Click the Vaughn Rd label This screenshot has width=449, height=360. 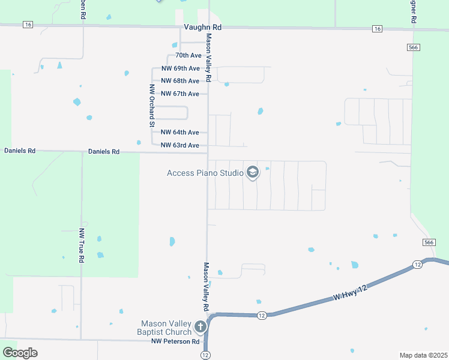[x=203, y=28]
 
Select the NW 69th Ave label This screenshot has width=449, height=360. [x=180, y=68]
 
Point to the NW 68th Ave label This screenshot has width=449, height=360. [x=180, y=81]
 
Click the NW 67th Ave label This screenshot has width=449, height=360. [x=180, y=94]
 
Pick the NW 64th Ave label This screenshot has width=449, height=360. [x=180, y=133]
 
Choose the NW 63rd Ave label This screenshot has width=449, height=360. [x=180, y=145]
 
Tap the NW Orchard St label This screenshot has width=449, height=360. [x=152, y=105]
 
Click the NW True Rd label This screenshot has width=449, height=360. [x=82, y=245]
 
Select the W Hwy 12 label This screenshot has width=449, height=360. [x=350, y=293]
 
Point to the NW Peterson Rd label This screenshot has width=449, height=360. [x=175, y=341]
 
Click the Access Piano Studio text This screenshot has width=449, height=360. [x=205, y=173]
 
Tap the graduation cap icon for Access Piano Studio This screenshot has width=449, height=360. [x=252, y=173]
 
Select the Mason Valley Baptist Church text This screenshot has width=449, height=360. [x=166, y=327]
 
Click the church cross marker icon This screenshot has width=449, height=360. [x=200, y=327]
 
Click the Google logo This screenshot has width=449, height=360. [x=19, y=353]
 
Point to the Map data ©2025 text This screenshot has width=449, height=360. [x=423, y=355]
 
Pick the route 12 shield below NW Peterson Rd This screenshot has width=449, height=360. [x=206, y=355]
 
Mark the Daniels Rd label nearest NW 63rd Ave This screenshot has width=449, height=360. [x=104, y=152]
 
